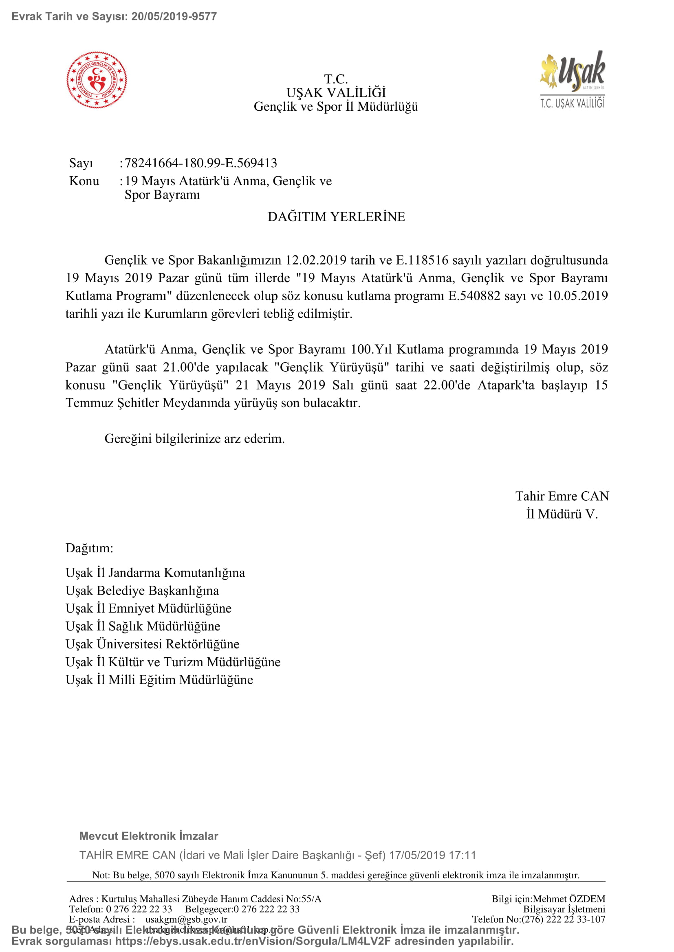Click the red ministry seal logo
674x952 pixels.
pos(97,80)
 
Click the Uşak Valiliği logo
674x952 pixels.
pos(572,80)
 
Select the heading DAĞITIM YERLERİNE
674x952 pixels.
pos(336,217)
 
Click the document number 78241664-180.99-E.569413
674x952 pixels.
pos(201,163)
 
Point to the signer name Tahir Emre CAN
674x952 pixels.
pos(562,496)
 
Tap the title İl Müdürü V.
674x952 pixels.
pos(562,514)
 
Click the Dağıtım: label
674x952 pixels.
pos(89,548)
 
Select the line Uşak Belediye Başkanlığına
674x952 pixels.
pos(142,591)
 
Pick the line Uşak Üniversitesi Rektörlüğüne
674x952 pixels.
pos(152,644)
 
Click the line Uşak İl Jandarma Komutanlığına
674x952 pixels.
pos(155,573)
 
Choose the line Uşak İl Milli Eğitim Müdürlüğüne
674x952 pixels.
pos(159,680)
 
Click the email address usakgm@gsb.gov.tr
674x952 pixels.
pos(186,919)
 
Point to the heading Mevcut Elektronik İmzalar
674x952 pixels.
pos(149,836)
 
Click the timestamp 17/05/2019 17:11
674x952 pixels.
pos(432,855)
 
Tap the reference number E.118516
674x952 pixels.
pos(422,260)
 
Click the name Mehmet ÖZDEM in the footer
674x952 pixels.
pos(569,899)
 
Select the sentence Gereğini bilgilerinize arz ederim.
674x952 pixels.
pos(195,439)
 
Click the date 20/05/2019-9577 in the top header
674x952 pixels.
pos(174,17)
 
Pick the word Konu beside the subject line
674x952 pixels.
pos(84,181)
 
